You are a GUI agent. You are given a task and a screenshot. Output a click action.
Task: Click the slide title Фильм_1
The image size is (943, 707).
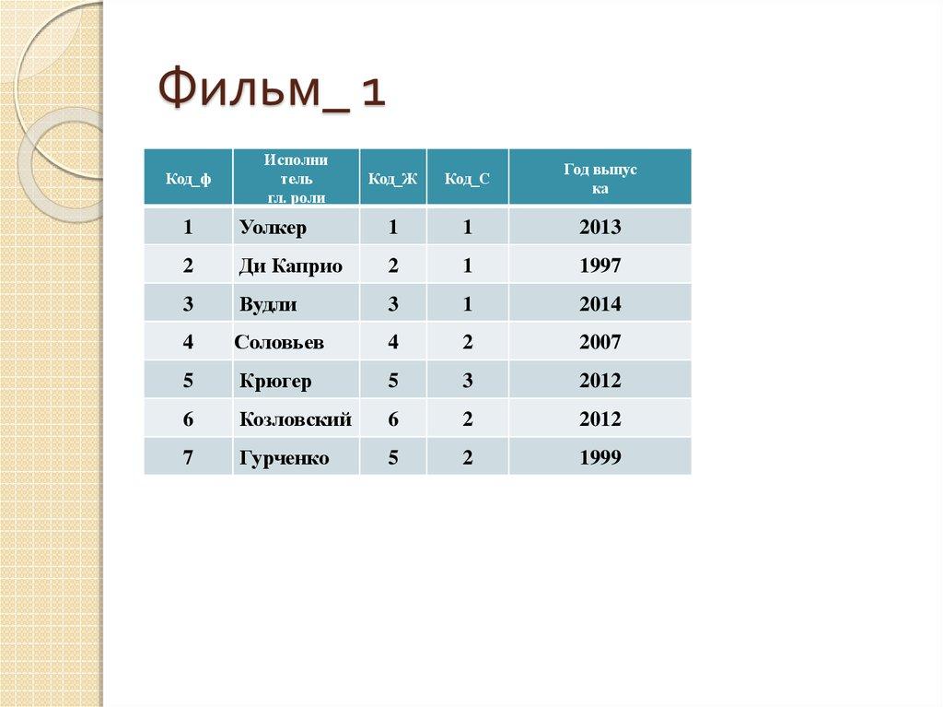[271, 92]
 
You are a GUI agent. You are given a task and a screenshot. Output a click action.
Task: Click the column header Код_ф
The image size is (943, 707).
[188, 179]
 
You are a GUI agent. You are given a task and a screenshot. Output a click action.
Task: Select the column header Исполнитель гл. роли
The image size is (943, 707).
[296, 178]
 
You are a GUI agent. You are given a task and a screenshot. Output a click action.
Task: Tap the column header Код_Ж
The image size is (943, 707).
[392, 179]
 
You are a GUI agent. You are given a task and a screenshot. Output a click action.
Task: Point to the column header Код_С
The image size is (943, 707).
[467, 179]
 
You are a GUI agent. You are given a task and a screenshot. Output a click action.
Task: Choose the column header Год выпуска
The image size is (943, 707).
[600, 178]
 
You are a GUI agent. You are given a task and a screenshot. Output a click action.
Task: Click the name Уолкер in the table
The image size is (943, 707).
[273, 228]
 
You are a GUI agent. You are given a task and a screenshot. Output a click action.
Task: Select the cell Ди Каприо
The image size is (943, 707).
[290, 266]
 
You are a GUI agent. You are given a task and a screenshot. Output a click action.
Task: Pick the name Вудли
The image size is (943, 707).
[268, 304]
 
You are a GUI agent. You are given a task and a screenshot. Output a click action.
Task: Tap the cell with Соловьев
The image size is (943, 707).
[279, 343]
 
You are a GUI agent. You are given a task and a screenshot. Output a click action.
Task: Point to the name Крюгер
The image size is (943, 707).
[275, 381]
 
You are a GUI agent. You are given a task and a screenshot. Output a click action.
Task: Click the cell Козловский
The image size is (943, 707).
[296, 419]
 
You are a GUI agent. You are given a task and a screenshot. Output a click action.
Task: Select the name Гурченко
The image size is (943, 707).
[284, 458]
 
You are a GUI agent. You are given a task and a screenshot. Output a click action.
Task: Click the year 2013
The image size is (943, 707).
[600, 228]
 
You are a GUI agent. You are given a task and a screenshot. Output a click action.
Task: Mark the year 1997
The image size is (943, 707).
[600, 266]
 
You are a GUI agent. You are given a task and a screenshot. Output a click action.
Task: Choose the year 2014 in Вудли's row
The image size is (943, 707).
[600, 304]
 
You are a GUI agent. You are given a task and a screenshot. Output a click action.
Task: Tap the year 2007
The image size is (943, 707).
[600, 343]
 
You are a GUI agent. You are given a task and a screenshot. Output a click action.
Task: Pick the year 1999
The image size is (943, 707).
[600, 458]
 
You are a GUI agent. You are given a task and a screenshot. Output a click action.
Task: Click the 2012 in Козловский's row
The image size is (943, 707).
[600, 419]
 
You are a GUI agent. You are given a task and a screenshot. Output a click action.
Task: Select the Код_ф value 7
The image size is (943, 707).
[188, 458]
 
